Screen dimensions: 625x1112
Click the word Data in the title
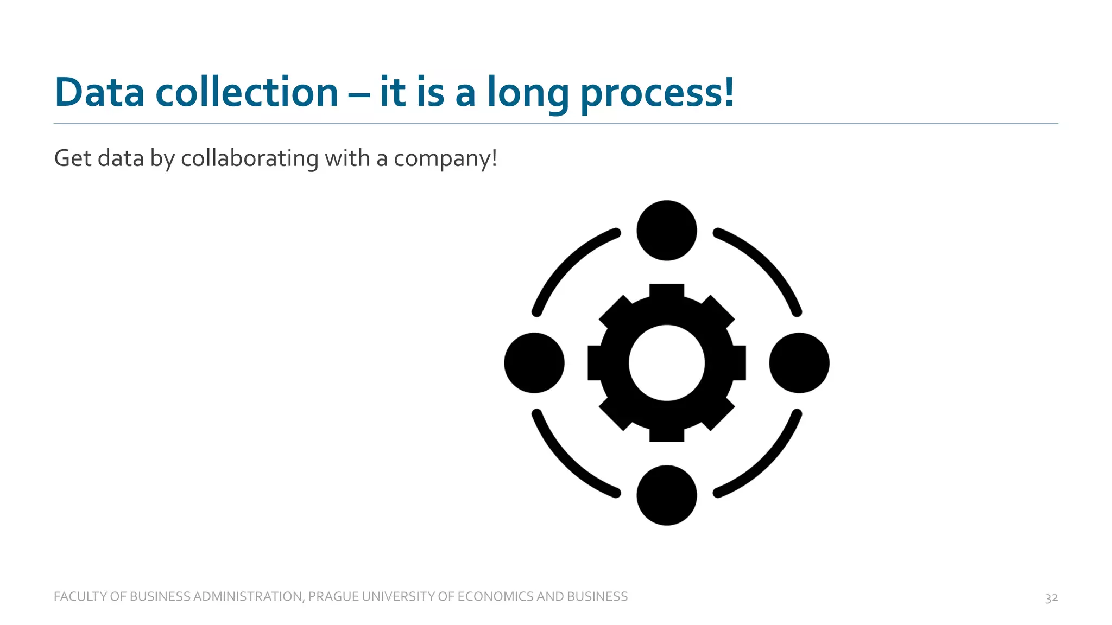(99, 92)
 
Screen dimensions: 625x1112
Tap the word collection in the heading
(247, 92)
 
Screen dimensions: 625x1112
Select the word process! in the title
(658, 93)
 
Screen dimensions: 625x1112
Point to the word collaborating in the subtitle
(249, 158)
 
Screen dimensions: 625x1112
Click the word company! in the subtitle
(445, 159)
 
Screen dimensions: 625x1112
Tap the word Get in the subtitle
(72, 158)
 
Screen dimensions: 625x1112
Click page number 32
(1051, 598)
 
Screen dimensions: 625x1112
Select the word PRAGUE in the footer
(333, 597)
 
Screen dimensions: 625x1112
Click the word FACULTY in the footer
(80, 597)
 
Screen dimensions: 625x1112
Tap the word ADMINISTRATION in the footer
(248, 597)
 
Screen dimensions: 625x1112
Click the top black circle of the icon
(667, 231)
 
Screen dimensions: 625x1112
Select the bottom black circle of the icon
(667, 495)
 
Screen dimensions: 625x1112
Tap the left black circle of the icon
(534, 363)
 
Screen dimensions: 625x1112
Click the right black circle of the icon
(799, 363)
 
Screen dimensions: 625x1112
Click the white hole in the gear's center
(667, 363)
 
